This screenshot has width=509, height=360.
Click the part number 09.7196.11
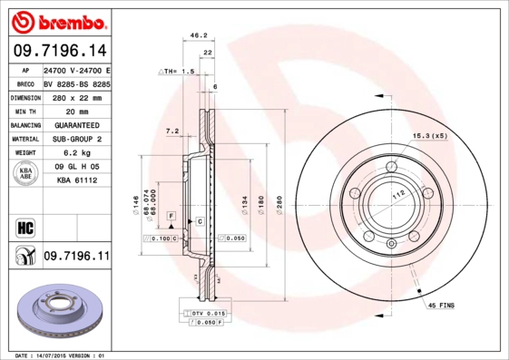pos(75,258)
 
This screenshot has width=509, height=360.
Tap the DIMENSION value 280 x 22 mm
pos(75,96)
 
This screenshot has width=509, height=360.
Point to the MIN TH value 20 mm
pos(75,111)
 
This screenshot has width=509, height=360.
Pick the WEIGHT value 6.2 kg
pos(75,153)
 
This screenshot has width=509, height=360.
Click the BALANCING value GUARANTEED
pos(75,124)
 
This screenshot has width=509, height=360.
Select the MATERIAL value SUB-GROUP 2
pos(75,139)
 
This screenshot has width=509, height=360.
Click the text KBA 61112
pos(75,180)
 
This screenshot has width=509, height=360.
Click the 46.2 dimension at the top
pos(194,36)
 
